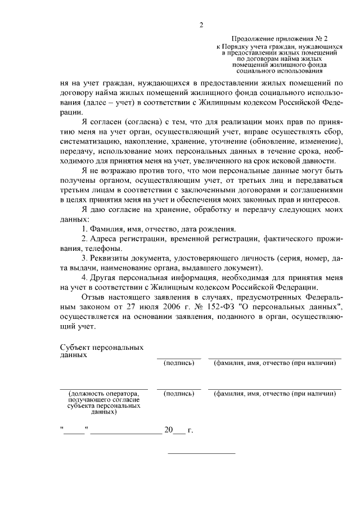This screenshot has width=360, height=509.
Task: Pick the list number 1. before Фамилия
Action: (x=85, y=229)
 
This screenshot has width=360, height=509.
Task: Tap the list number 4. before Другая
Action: (x=85, y=278)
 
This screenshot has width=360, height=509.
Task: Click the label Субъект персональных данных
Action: (x=101, y=352)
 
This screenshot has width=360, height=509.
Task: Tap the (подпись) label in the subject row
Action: (x=178, y=363)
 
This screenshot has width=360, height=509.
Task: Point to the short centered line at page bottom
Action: (x=202, y=453)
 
